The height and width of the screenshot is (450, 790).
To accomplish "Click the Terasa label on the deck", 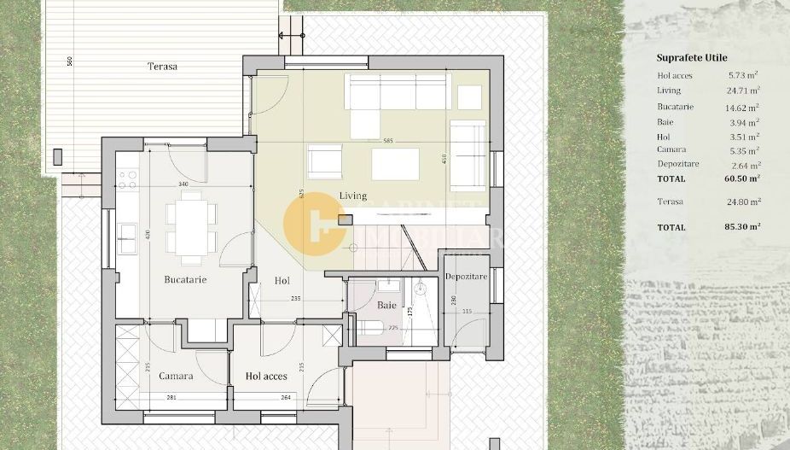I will pos(162,66).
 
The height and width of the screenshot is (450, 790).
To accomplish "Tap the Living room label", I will pos(353,196).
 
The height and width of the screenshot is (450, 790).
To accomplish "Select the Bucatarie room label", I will pos(185,279).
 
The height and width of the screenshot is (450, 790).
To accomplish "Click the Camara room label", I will pos(176,376).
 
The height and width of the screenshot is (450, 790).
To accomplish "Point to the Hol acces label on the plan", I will pos(266,376).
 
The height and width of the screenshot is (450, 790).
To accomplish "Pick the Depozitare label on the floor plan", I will pos(466,278).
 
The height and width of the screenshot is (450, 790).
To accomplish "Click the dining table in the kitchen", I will pos(191,225).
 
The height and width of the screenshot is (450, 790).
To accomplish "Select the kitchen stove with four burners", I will pos(127,178).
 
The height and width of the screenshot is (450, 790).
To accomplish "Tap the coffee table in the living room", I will pos(395,163).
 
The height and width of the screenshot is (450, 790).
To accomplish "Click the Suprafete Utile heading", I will pos(692,58).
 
